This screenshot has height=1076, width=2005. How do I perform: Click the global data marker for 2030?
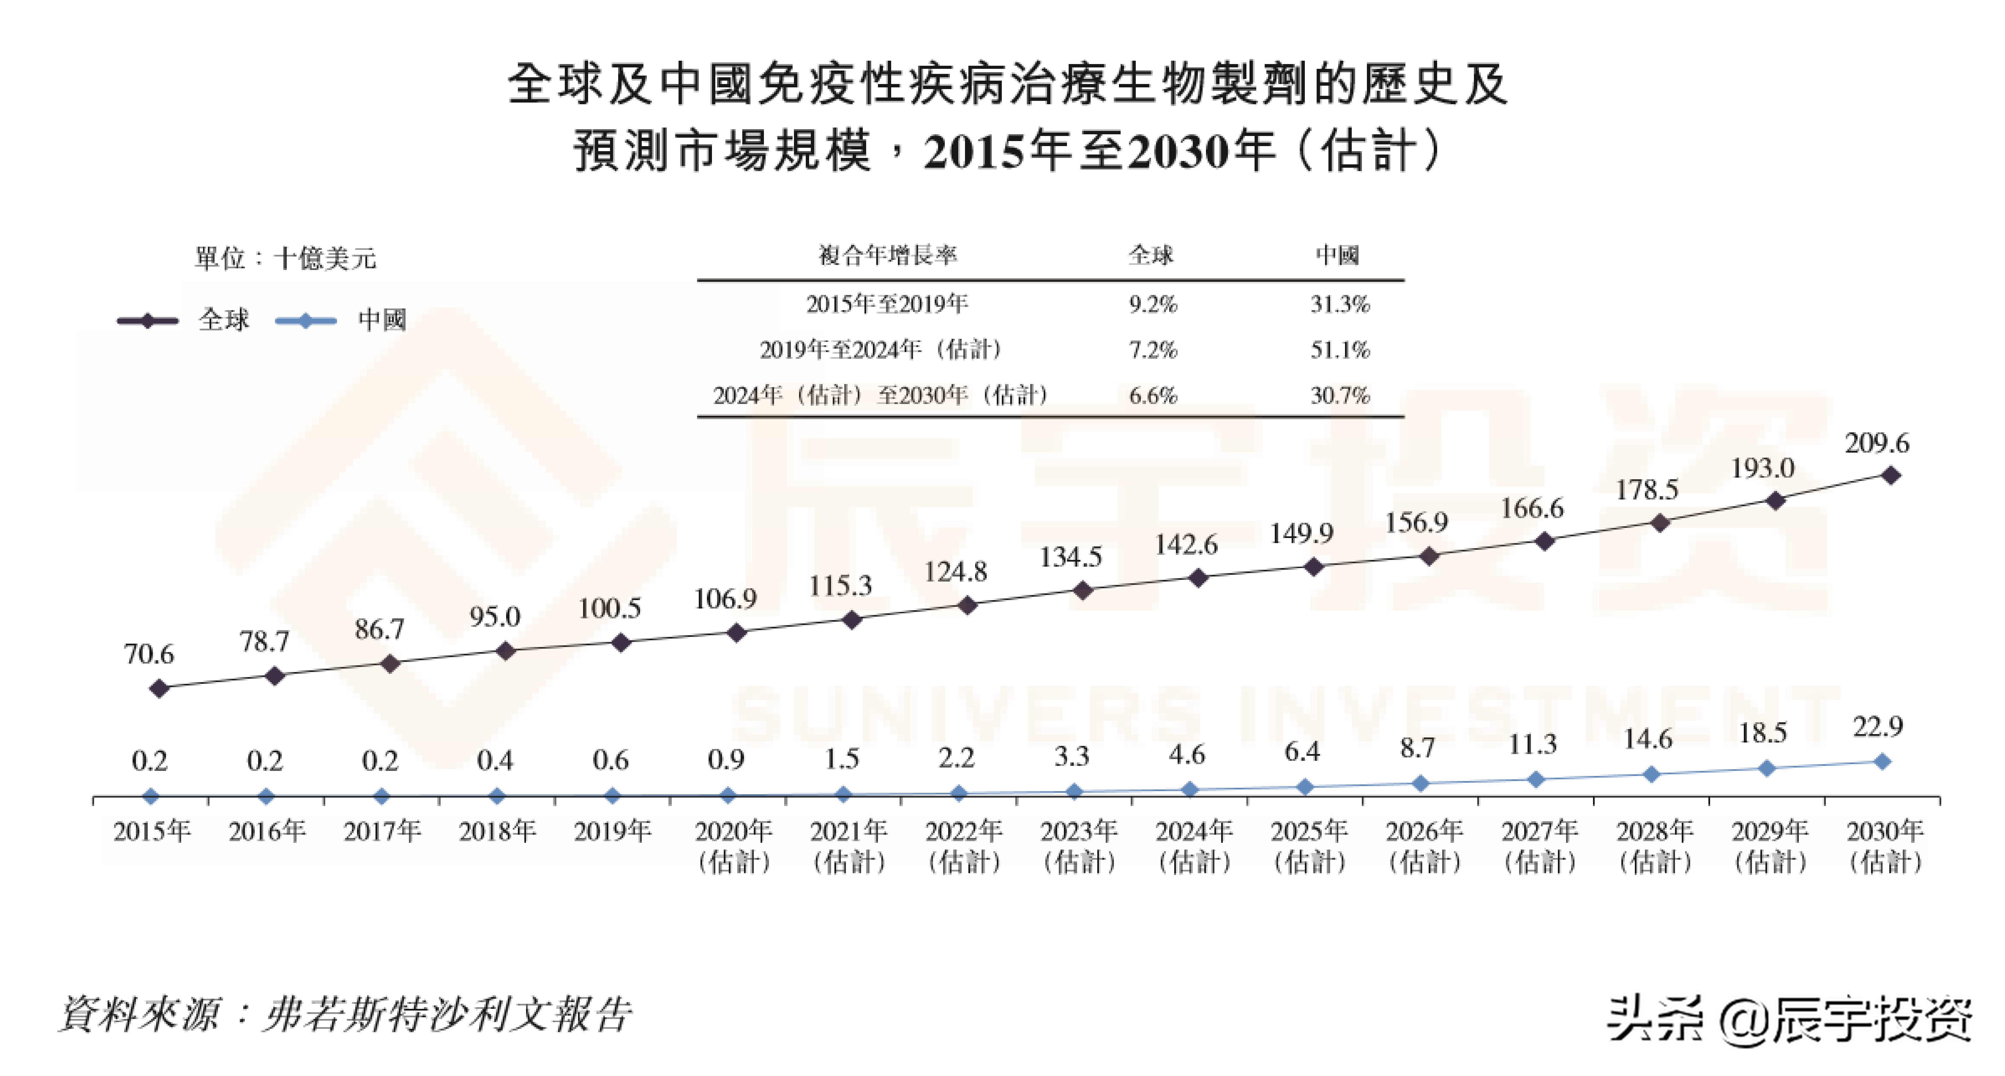tap(1891, 475)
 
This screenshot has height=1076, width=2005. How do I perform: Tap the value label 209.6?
tap(1877, 443)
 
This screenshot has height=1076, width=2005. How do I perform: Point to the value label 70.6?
tap(149, 654)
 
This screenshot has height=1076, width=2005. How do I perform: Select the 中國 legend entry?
tap(342, 320)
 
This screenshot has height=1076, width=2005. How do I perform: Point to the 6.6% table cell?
tap(1153, 396)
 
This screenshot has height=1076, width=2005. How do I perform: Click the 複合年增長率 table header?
tap(887, 255)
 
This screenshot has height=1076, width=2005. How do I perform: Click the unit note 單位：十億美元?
tap(286, 258)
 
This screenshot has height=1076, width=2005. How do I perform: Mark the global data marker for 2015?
tap(159, 688)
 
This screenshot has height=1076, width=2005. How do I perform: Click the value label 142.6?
tap(1185, 545)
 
